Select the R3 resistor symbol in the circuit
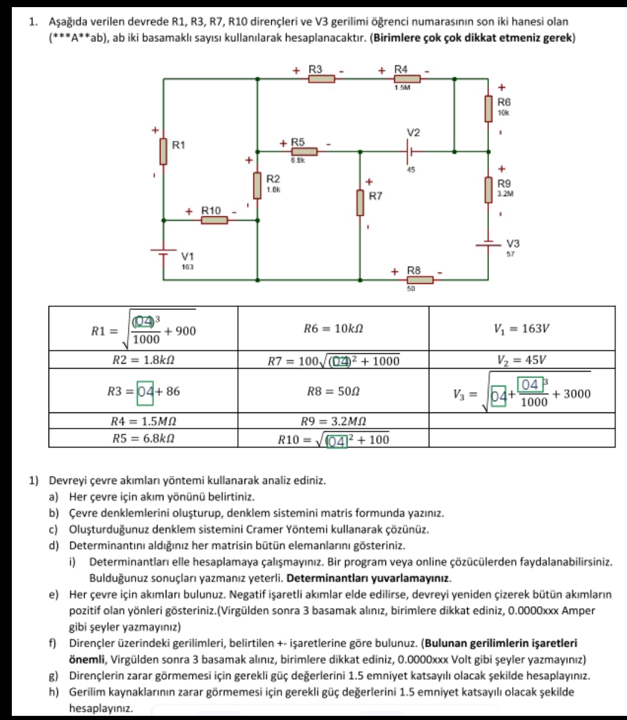click(321, 78)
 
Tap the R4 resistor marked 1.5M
click(407, 78)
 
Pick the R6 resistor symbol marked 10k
click(489, 110)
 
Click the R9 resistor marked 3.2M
click(489, 190)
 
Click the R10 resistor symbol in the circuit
click(214, 220)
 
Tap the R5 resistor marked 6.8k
click(304, 152)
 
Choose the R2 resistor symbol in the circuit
click(258, 186)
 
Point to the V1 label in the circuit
click(187, 257)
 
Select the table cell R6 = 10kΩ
click(332, 328)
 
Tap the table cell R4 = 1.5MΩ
click(143, 421)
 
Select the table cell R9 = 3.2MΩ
click(332, 421)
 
